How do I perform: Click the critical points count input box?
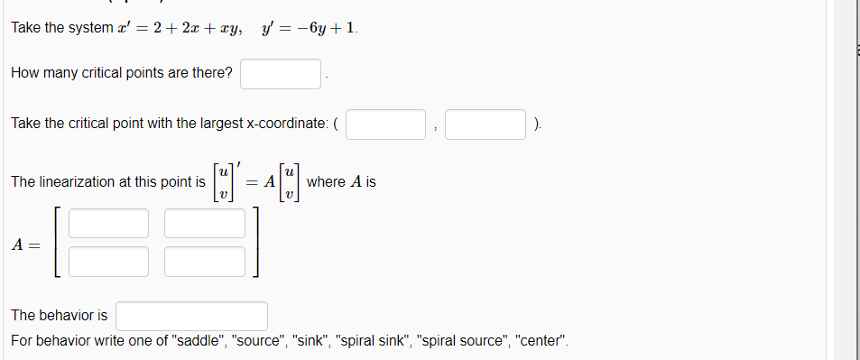pyautogui.click(x=281, y=73)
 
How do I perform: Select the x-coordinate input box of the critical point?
pyautogui.click(x=386, y=124)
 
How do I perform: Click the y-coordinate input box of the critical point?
pyautogui.click(x=485, y=124)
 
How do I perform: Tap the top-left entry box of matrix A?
pyautogui.click(x=107, y=223)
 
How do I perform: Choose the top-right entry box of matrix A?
pyautogui.click(x=205, y=223)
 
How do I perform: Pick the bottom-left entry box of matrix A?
pyautogui.click(x=107, y=261)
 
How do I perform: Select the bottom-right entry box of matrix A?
pyautogui.click(x=205, y=261)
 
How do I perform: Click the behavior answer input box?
pyautogui.click(x=191, y=316)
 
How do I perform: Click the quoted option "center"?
pyautogui.click(x=539, y=342)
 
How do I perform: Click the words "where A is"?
pyautogui.click(x=342, y=182)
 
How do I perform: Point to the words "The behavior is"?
pyautogui.click(x=59, y=316)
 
